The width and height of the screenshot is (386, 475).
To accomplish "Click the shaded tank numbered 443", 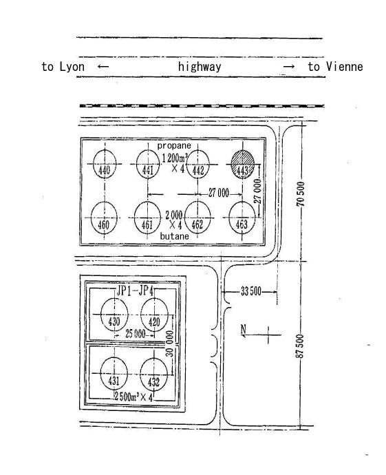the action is (x=242, y=165).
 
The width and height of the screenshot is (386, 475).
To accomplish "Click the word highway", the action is (x=200, y=67).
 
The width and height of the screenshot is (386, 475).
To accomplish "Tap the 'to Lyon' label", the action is (x=63, y=67).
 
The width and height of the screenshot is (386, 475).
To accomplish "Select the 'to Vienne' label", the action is (x=336, y=67).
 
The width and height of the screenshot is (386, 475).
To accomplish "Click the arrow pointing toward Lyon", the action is (x=103, y=67).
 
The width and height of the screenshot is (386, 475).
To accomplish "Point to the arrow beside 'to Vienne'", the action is (x=289, y=67).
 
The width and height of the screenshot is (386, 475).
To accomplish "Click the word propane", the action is (x=174, y=145).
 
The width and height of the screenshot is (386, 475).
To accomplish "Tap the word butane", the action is (x=174, y=236).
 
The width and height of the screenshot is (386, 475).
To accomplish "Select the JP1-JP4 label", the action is (x=135, y=291).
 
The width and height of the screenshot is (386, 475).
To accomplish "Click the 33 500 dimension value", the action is (x=251, y=291).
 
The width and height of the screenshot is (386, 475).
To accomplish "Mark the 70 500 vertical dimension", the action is (x=301, y=194).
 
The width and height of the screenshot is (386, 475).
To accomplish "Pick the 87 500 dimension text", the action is (x=299, y=346).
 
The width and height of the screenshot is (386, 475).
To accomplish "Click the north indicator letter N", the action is (x=244, y=328).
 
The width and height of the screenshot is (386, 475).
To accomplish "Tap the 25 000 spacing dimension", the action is (x=136, y=334).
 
